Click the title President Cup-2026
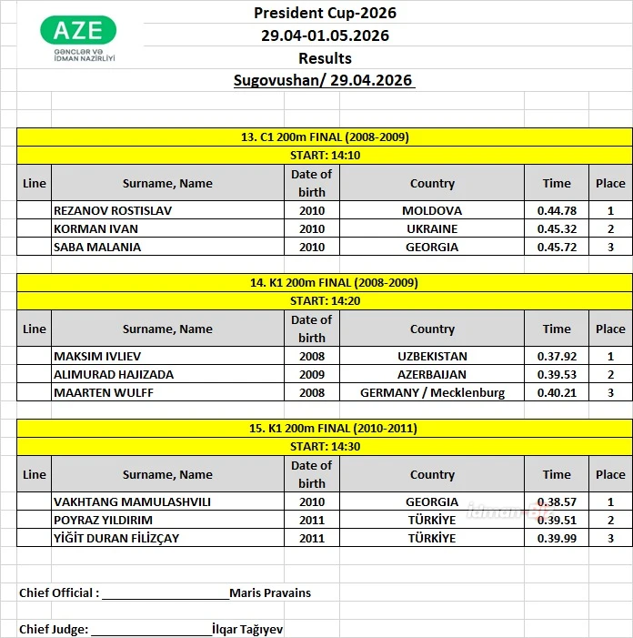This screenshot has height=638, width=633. [x=325, y=13]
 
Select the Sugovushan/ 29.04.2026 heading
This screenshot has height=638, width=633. [x=325, y=80]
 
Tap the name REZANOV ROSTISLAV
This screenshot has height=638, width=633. [x=113, y=210]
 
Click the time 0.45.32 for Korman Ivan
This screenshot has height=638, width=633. [x=557, y=228]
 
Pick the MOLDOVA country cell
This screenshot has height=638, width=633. [x=432, y=210]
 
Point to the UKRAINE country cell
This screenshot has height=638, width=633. [x=432, y=228]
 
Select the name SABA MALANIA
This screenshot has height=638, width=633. [x=97, y=247]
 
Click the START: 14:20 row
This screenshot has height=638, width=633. [x=325, y=300]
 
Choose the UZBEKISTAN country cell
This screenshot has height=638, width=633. [x=432, y=356]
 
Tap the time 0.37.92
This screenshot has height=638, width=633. [x=557, y=356]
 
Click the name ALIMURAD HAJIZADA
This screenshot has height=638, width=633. [x=114, y=374]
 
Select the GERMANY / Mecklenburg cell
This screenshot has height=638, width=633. [x=432, y=392]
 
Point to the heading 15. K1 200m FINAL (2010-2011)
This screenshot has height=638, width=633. [x=325, y=428]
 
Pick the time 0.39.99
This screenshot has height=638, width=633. [x=557, y=538]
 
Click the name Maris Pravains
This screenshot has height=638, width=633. [x=270, y=592]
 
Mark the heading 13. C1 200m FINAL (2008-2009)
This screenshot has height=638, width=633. [x=325, y=137]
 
